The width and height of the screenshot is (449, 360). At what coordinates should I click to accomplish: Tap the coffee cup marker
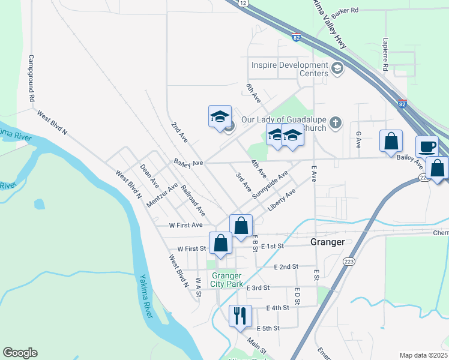pos(427,147)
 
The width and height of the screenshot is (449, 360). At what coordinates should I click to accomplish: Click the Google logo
pos(20,353)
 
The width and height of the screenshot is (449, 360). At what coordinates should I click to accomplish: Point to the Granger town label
pos(327,242)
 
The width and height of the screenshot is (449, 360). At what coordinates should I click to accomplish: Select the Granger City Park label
pos(226,280)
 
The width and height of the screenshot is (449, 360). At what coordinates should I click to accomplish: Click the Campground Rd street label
pos(31,79)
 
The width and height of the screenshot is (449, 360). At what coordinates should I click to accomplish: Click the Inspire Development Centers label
pos(290,69)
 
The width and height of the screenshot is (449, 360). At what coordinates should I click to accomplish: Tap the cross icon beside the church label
pos(336,123)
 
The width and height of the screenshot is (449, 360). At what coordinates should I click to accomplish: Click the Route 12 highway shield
pos(243,3)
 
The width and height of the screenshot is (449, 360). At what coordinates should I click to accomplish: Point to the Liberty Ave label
pos(282,200)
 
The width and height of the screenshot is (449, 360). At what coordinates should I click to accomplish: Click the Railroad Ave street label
pos(193,200)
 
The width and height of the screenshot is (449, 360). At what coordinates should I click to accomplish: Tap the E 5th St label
pos(268,328)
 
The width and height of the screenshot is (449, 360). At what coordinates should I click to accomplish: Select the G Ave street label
pos(358,140)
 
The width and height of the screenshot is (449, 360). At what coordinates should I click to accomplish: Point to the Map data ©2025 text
pos(423,355)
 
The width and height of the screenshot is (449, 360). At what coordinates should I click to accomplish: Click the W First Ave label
pos(186,225)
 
